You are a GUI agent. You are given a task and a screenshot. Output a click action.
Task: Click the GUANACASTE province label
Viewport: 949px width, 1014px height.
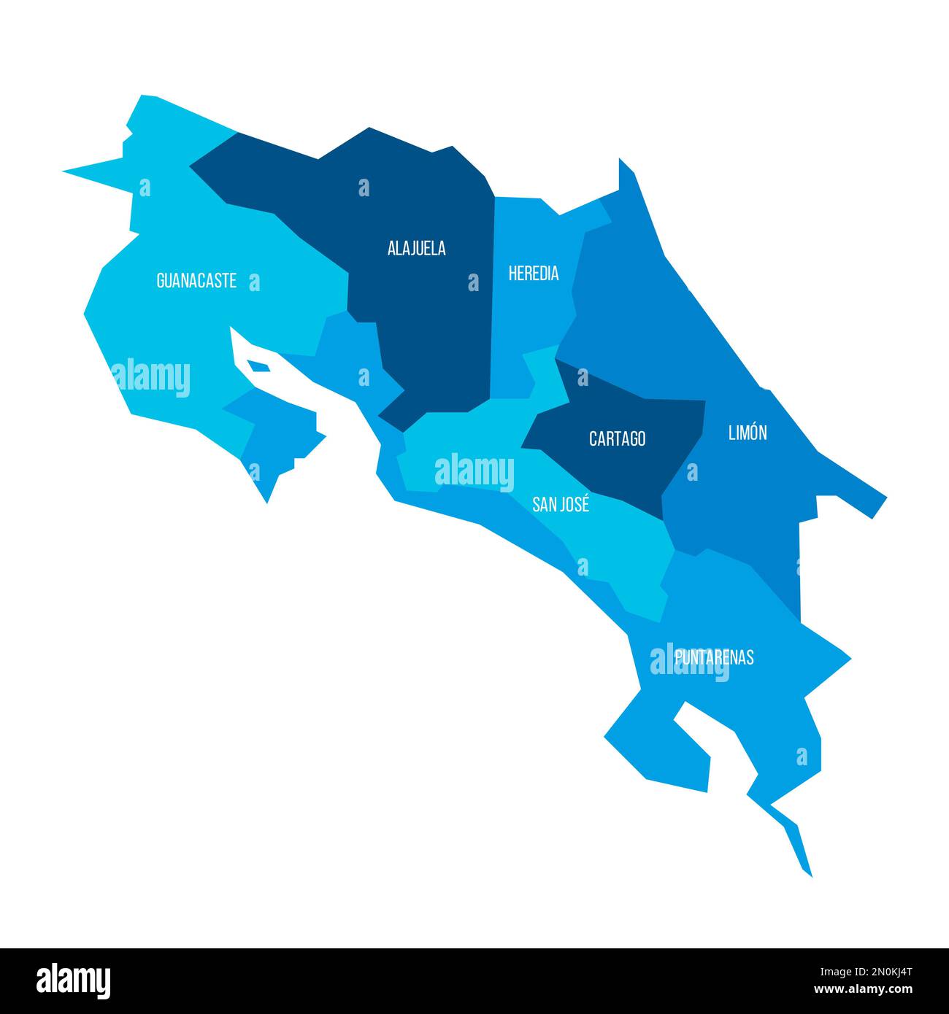click(196, 281)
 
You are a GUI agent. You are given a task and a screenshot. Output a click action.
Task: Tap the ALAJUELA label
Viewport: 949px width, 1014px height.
click(416, 249)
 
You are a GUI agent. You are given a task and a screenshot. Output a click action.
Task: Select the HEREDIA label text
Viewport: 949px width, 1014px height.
click(534, 274)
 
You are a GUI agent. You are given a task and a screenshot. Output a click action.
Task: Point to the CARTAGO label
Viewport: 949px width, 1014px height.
click(617, 439)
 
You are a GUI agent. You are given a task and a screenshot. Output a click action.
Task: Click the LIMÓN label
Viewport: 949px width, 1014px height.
click(748, 433)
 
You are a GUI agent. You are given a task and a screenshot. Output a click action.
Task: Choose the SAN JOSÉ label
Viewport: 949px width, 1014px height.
click(561, 504)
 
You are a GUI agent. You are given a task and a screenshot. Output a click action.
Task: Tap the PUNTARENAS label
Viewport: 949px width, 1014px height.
click(714, 657)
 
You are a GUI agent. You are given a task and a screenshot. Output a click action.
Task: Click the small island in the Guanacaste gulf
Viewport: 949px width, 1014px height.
click(258, 365)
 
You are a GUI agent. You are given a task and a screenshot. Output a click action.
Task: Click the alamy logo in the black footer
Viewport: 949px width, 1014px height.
click(74, 980)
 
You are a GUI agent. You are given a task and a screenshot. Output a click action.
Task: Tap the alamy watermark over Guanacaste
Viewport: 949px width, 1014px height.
click(151, 377)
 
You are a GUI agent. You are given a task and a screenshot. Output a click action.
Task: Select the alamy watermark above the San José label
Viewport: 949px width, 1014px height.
click(474, 471)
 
